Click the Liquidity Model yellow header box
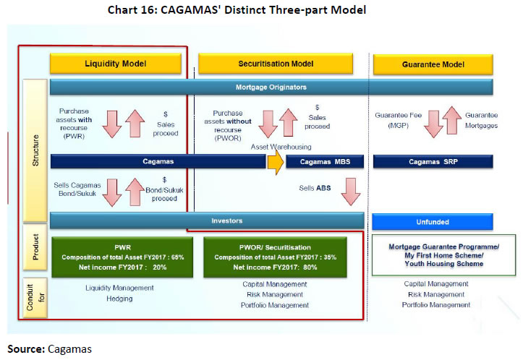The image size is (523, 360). coord(115,64)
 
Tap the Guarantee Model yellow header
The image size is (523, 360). coord(433,64)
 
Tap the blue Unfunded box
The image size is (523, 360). coord(433,221)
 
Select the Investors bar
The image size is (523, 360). coord(206,220)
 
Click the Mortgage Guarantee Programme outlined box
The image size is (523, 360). coord(444,254)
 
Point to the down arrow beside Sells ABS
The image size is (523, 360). coord(350,192)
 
